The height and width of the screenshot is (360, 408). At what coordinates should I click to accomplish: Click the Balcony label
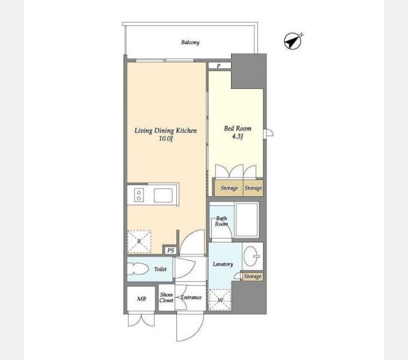190,42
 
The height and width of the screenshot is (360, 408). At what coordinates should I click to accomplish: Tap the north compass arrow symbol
293,41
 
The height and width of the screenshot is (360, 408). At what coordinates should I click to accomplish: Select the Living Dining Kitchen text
166,130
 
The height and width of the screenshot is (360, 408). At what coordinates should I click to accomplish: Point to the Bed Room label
238,128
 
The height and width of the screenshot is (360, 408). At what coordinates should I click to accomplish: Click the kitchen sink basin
163,196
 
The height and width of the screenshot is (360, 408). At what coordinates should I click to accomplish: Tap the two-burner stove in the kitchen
139,196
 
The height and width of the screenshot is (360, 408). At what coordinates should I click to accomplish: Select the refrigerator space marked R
139,242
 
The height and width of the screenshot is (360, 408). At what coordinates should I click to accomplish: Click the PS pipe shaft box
170,250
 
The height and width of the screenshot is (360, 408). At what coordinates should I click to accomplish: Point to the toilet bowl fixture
137,269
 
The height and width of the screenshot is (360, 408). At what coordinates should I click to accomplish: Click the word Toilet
160,269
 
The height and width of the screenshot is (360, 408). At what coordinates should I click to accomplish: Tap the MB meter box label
142,299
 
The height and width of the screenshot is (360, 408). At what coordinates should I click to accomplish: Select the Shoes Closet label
167,298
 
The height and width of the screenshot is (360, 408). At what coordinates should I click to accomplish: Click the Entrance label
191,298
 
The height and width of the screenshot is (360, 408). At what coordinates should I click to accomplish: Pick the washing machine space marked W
220,300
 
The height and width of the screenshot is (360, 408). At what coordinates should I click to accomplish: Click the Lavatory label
223,264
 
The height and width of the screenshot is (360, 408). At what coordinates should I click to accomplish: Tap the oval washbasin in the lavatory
251,256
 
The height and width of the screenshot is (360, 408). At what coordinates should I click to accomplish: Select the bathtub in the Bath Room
247,220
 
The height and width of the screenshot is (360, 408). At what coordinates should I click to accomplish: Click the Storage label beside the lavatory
253,277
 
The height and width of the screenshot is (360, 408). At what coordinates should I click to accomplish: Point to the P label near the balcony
218,66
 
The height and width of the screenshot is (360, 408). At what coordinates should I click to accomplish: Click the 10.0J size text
166,139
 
